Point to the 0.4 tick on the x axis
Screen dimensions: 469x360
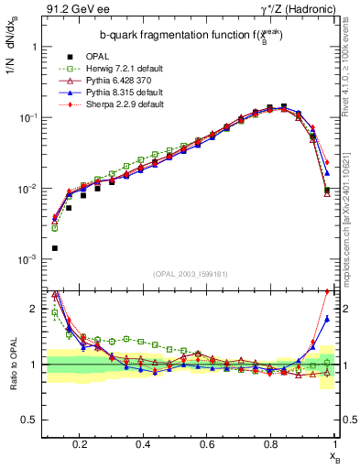coord(143,443)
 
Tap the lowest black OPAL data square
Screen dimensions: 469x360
coord(55,248)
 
